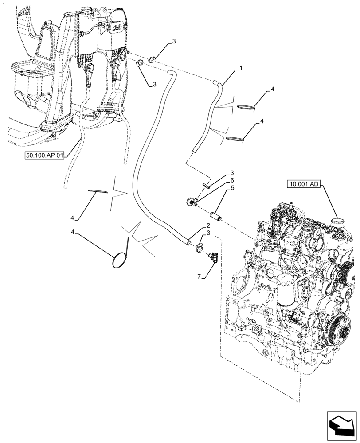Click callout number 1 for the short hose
click(x=240, y=68)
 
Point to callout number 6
click(x=231, y=180)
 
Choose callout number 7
click(x=200, y=276)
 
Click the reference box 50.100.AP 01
click(x=45, y=155)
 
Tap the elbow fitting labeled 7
click(x=213, y=256)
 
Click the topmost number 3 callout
click(x=174, y=41)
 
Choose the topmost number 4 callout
click(x=272, y=89)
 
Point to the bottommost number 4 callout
click(x=73, y=232)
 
